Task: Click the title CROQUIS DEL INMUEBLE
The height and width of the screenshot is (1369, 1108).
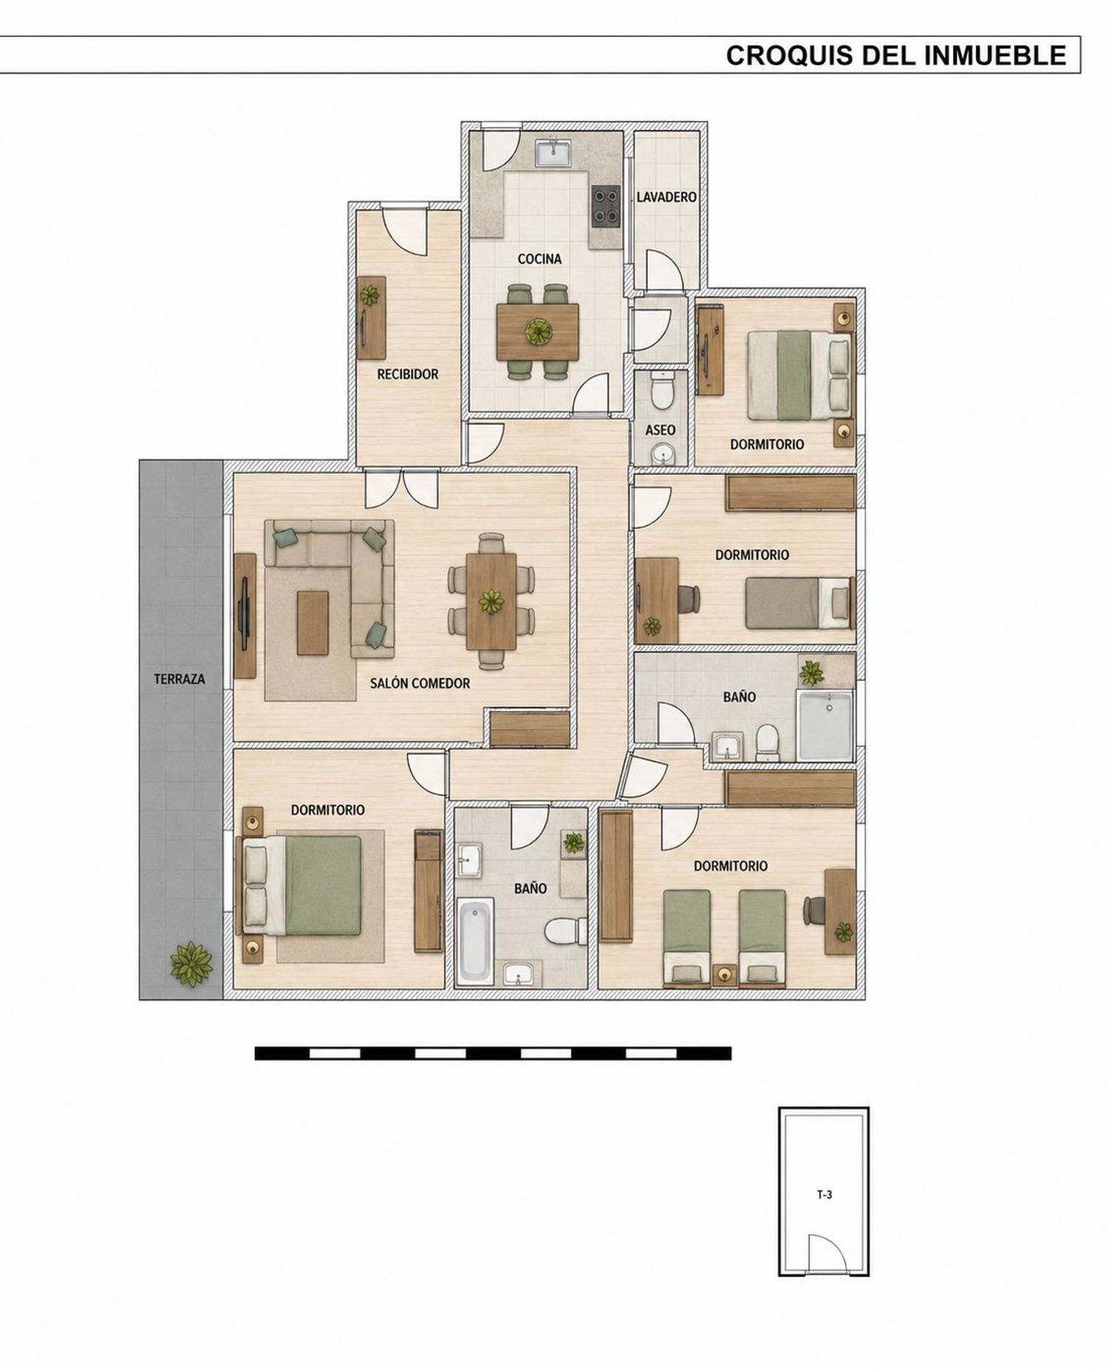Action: pos(896,55)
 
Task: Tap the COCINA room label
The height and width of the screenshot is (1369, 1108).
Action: pos(539,258)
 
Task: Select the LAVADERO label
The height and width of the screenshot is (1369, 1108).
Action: pos(666,197)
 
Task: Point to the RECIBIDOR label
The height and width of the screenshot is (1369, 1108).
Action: pos(408,374)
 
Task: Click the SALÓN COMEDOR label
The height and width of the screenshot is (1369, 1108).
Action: pos(420,683)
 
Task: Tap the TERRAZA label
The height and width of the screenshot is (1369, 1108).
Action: pos(179,679)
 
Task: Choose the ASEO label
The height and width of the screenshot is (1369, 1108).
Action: pos(660,430)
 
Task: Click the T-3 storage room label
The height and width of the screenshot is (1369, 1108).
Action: pos(824,1194)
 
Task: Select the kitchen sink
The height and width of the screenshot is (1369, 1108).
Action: pos(553,153)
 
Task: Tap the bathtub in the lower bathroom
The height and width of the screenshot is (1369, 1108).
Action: pos(475,941)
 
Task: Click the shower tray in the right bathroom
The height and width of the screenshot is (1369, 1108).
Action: pos(825,725)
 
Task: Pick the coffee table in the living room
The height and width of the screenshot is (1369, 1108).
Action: pos(312,622)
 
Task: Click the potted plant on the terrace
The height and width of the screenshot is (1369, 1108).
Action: pos(191,964)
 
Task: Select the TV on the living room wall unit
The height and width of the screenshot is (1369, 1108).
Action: pos(244,615)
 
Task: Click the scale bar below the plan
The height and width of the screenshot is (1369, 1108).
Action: pos(493,1053)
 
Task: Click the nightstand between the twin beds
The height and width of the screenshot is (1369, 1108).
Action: pos(725,974)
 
